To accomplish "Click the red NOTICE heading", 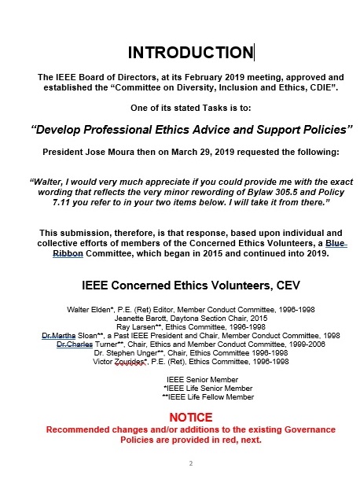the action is click(x=191, y=418).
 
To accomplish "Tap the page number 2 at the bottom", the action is click(x=191, y=464).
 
